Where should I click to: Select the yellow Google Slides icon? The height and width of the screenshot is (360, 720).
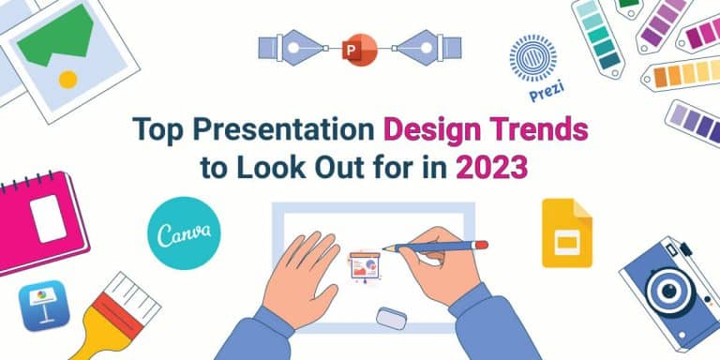pos(566,234)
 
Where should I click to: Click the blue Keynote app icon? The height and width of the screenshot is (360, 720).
pos(43,307)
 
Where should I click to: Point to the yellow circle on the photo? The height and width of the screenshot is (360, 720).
pos(67,80)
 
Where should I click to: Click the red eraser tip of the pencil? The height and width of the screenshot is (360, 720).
pos(481,244)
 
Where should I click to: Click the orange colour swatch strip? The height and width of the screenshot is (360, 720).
pos(679,73)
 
